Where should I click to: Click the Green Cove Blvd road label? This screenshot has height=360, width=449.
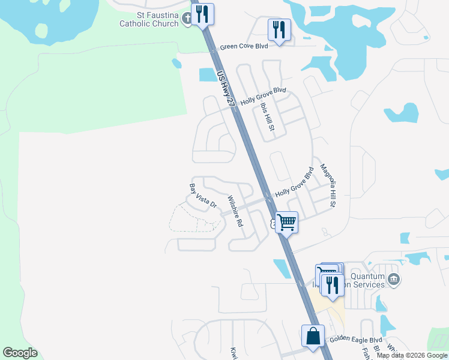244,46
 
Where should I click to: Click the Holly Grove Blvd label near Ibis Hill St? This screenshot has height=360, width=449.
264,97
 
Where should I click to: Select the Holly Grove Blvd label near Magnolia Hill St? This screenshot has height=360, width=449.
295,182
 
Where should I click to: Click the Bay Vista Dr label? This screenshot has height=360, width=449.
202,197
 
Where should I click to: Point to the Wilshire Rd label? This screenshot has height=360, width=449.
235,210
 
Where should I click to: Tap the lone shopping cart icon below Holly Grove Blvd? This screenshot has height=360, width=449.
287,222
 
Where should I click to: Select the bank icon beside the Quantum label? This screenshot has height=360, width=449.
394,278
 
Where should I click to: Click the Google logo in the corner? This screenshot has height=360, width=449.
20,353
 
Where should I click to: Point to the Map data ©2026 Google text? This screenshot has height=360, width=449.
412,355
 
